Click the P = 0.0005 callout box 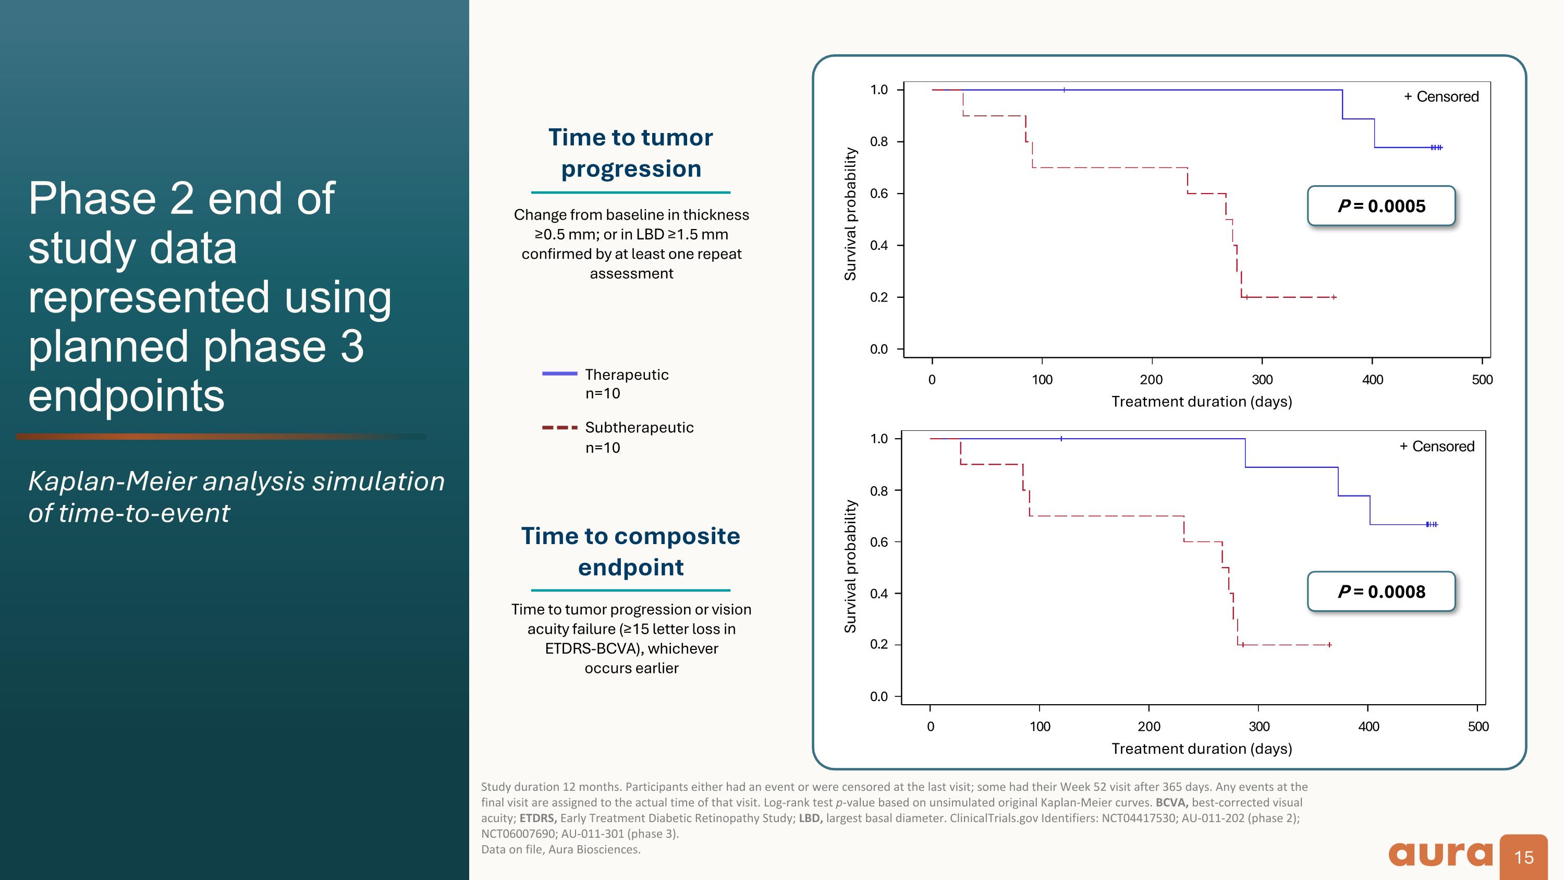[x=1380, y=206]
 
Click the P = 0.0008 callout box [x=1380, y=591]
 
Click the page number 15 [x=1524, y=858]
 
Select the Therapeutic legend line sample [x=559, y=373]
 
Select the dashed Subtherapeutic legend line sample [x=559, y=428]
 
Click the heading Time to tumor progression [x=630, y=153]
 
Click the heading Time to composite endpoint [x=630, y=551]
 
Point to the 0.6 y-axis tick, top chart [x=878, y=194]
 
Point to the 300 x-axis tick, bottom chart [x=1258, y=726]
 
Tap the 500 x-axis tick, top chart [x=1482, y=380]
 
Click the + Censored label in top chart [x=1441, y=97]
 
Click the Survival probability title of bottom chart [x=851, y=566]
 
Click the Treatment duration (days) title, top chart [x=1201, y=402]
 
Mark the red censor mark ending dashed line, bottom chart [x=1329, y=644]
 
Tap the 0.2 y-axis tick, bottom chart [x=878, y=644]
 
